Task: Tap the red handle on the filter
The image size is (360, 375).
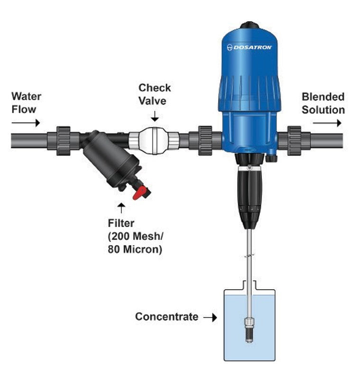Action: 140,192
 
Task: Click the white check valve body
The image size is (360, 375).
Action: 153,140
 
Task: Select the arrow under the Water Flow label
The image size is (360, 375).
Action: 26,123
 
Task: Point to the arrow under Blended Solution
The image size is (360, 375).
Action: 327,123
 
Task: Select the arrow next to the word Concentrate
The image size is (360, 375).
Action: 210,317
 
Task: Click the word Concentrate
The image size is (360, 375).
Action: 166,317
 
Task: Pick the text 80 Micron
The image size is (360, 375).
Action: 135,249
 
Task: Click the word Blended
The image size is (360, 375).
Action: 323,97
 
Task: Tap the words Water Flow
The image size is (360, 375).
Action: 26,103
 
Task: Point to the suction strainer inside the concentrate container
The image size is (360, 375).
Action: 249,329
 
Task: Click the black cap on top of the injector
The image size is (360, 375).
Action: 249,24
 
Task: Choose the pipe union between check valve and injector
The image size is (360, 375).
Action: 205,140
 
